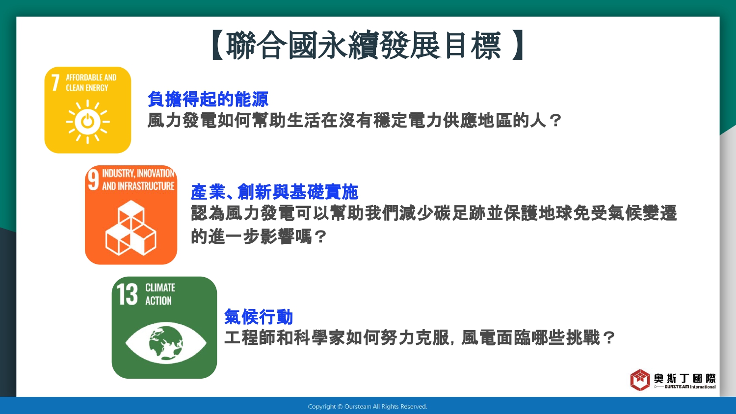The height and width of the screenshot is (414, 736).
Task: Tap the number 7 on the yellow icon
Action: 55,82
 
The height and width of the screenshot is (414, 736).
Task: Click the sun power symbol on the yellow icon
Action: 87,122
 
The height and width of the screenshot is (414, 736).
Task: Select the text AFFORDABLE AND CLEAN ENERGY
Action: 91,82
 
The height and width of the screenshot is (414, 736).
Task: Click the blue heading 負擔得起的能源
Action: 208,99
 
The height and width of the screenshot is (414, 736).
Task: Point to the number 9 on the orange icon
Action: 93,180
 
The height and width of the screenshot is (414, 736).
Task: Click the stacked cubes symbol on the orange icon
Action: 131,228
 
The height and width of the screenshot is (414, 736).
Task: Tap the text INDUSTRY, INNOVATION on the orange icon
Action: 138,173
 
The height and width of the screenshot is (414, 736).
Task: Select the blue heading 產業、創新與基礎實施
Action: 274,192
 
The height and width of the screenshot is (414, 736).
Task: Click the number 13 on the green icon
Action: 127,294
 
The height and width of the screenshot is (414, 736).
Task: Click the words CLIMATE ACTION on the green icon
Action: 160,294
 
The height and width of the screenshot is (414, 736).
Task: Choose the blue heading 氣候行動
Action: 258,317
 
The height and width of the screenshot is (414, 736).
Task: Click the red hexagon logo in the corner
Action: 640,380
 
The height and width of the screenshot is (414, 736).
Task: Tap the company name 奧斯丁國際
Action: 685,379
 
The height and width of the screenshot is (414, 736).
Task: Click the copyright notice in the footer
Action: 368,407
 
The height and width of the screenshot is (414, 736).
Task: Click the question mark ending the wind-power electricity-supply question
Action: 555,121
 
